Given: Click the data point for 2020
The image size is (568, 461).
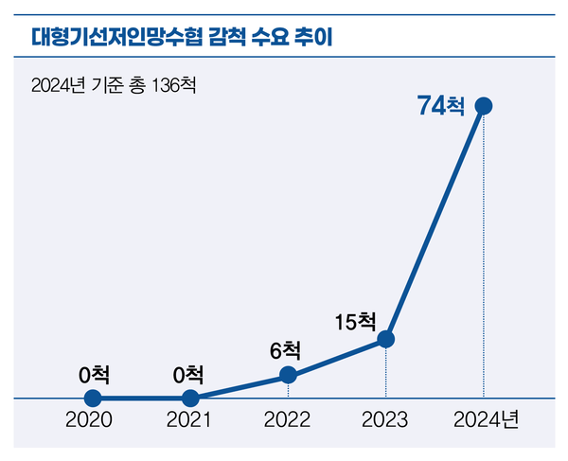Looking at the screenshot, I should (x=92, y=399).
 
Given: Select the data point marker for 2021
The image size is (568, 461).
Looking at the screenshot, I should (x=190, y=399).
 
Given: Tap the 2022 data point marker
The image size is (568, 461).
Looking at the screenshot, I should (x=289, y=376).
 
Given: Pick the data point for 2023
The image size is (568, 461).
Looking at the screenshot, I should (x=385, y=339).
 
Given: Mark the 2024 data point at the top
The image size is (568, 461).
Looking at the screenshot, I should (x=484, y=105).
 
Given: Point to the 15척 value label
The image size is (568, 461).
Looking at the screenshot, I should (x=356, y=322).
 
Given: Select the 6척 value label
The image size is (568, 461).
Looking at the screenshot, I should (x=285, y=350).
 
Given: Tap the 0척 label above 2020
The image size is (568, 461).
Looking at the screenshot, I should (x=94, y=374).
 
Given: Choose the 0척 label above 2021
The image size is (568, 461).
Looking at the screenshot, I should (x=190, y=374).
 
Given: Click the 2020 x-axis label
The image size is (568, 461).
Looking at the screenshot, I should (x=89, y=419).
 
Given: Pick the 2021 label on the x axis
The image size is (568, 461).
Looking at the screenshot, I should (x=189, y=419).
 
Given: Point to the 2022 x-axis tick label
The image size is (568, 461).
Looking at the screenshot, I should (x=287, y=419).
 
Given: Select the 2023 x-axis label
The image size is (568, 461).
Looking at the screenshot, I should (x=384, y=419).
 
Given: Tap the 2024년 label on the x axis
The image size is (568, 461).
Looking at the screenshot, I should (x=486, y=419).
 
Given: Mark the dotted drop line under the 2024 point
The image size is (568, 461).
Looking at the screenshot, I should (x=484, y=256).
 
